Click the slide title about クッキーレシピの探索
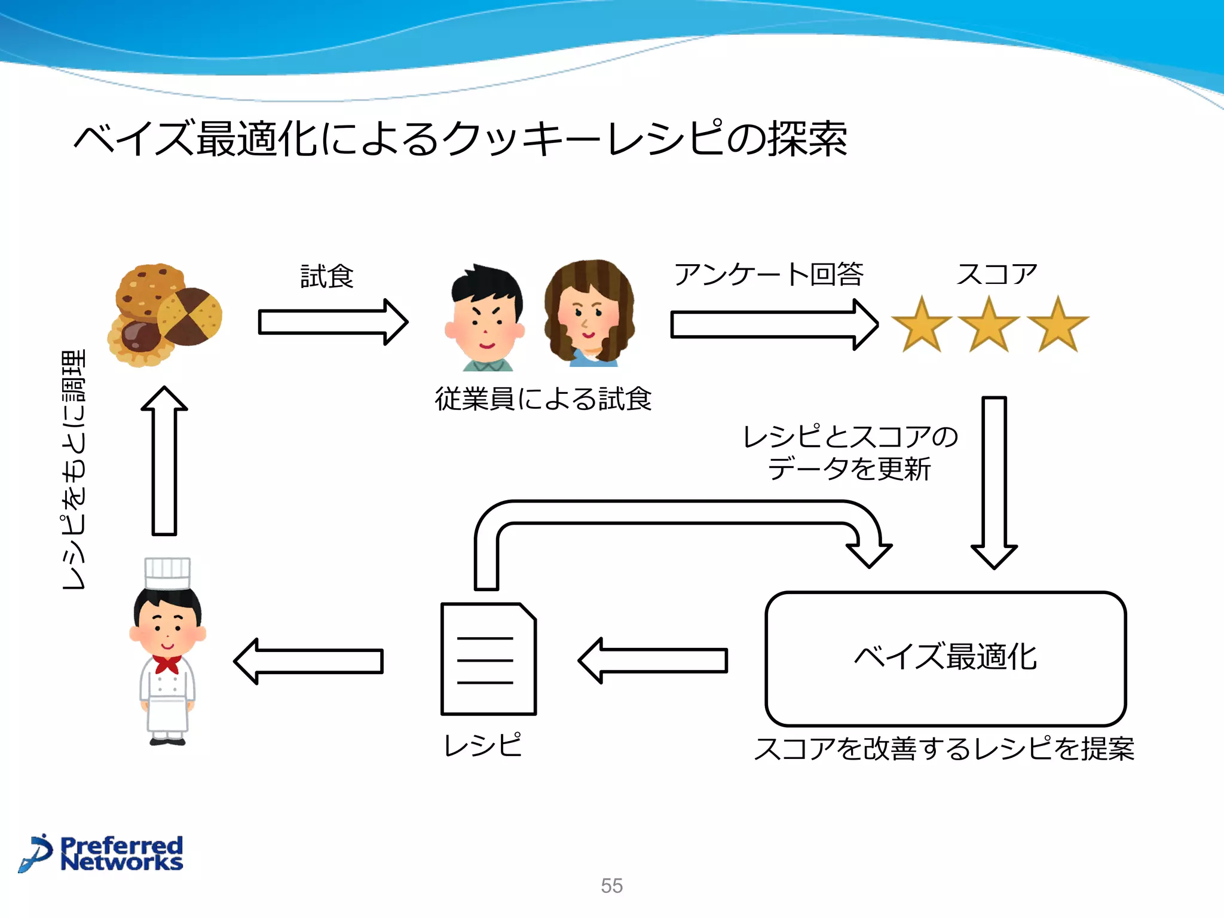coord(460,139)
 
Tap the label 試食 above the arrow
coord(327,277)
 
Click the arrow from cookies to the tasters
coord(332,322)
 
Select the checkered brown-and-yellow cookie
coord(190,317)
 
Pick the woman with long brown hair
coord(589,313)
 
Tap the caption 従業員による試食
coord(543,399)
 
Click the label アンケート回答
coord(769,274)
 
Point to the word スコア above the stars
coord(996,274)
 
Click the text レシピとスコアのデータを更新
coord(849,452)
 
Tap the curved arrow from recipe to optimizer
coord(675,513)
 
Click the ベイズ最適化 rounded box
coord(945,658)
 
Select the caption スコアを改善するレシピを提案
coord(944,749)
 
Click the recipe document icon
coord(488,659)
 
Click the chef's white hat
coord(168,573)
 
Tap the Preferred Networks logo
coord(102,853)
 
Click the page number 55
coord(611,885)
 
